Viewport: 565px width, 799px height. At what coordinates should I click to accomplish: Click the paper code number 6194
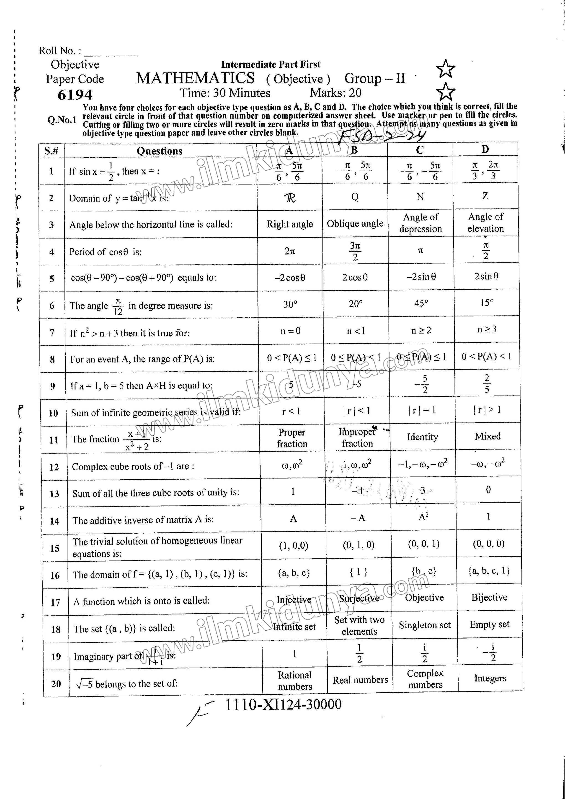tap(75, 95)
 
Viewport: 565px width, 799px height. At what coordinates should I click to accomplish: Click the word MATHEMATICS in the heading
tap(195, 78)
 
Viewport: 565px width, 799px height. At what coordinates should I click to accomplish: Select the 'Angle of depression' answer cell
tap(421, 223)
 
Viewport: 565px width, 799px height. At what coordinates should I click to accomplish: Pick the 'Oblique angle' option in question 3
tap(355, 224)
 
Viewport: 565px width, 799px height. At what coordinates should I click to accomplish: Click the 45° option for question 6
tap(421, 303)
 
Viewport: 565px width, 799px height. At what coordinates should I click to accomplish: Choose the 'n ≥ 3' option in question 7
tap(487, 329)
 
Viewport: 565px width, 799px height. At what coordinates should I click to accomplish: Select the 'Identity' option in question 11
tap(422, 437)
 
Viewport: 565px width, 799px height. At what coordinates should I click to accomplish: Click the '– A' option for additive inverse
tap(358, 518)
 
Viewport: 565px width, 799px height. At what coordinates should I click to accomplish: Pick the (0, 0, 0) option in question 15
tap(488, 544)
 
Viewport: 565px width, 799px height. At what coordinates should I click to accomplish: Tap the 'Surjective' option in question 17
tap(359, 598)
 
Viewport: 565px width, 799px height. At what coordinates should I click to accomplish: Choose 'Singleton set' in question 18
tap(424, 625)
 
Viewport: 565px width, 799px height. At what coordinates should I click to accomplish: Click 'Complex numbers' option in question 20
tap(425, 679)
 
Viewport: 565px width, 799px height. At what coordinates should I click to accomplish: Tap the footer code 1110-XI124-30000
tap(283, 705)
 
